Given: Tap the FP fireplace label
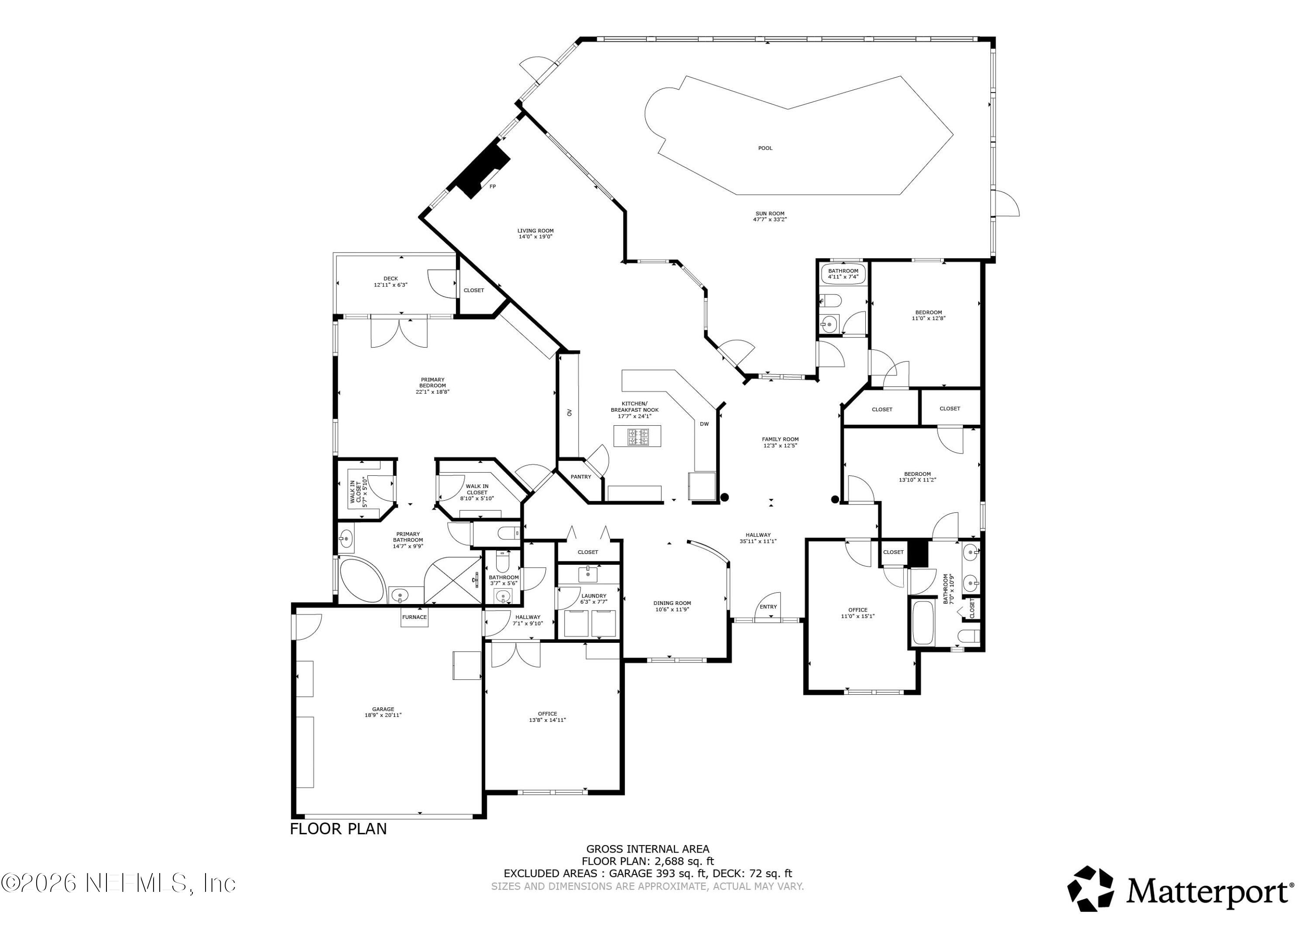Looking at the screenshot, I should [493, 186].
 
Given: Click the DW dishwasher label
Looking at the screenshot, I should [705, 424].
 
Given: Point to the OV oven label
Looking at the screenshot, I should [569, 413].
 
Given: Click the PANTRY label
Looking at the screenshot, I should [581, 477].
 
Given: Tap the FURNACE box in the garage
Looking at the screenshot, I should [415, 617].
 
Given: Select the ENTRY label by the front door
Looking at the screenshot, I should [768, 606].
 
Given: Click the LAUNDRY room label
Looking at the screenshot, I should [593, 596].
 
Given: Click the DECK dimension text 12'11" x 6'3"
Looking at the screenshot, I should [391, 285].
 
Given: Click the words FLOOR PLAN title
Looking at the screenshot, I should [338, 829].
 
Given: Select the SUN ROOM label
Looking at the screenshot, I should [769, 214].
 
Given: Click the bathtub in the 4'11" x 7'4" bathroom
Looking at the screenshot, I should [843, 275].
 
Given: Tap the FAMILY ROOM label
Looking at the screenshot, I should [780, 440].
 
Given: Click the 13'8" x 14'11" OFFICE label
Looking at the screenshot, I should [547, 717].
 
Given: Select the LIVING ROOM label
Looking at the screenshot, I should [535, 231].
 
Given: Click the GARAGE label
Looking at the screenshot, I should [383, 710].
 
